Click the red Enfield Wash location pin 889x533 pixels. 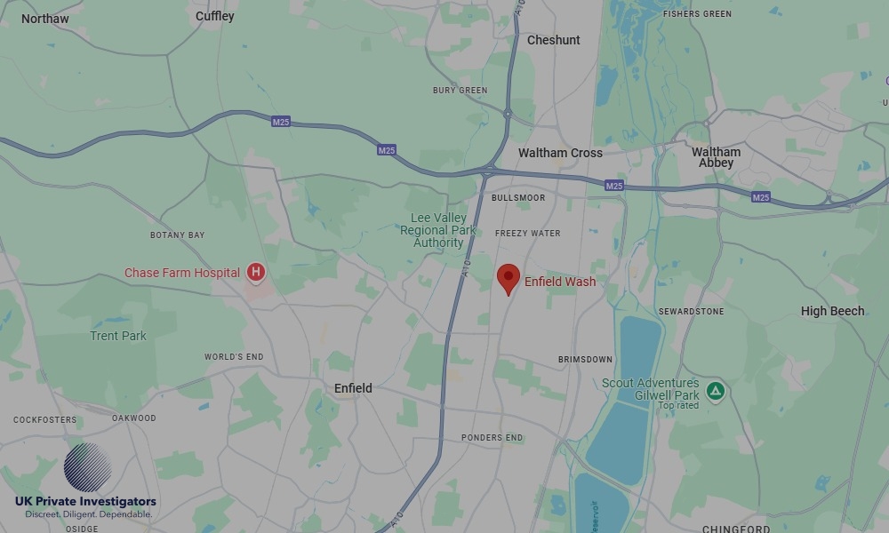[508, 277]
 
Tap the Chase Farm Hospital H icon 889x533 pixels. [256, 272]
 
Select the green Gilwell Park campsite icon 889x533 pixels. [715, 391]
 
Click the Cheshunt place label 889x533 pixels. [553, 40]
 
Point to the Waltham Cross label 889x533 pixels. [560, 153]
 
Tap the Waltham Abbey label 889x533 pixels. [716, 157]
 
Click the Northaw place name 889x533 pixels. [44, 18]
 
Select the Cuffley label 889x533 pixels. [214, 16]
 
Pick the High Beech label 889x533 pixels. [832, 311]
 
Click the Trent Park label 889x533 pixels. [118, 336]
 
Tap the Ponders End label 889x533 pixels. [492, 438]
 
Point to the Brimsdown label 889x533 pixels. [585, 359]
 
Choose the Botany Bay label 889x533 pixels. [177, 235]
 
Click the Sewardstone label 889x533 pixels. [691, 312]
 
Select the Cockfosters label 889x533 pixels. [45, 419]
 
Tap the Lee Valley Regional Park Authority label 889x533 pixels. [438, 230]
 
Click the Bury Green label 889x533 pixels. [460, 91]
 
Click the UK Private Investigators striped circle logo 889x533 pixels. [87, 467]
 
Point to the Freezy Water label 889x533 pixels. [527, 234]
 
